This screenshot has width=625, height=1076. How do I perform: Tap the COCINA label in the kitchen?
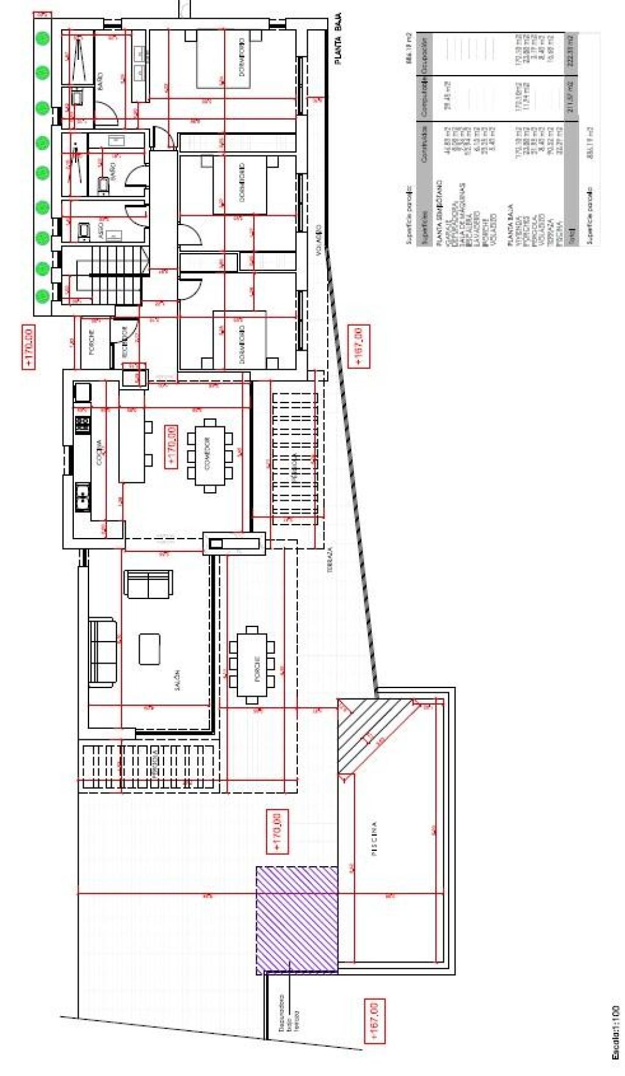(100, 452)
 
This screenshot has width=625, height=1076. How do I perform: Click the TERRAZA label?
(330, 558)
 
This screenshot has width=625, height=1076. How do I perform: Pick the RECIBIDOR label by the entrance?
(123, 342)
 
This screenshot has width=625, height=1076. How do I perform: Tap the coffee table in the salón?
(150, 648)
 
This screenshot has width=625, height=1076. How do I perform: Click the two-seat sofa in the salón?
(148, 584)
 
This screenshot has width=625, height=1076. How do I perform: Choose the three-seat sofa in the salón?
(103, 651)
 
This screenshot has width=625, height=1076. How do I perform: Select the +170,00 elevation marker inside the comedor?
(171, 446)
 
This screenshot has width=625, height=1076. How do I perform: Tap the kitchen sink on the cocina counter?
(82, 497)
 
